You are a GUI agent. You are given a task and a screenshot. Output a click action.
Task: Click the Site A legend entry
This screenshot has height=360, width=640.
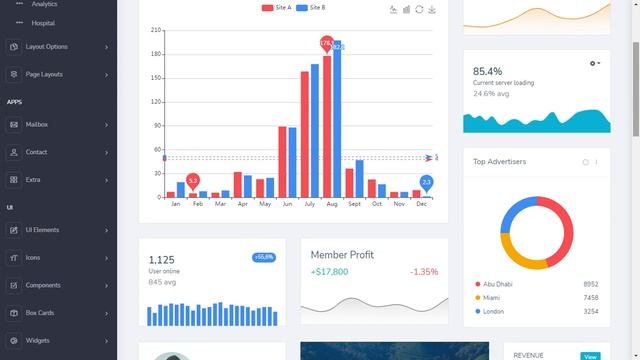tap(277, 8)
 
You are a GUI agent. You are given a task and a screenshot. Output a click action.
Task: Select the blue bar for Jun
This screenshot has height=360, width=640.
tap(293, 162)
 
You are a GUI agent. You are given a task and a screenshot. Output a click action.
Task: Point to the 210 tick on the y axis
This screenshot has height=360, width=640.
tap(156, 30)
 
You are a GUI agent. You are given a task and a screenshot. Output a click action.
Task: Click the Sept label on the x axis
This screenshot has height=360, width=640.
tap(354, 204)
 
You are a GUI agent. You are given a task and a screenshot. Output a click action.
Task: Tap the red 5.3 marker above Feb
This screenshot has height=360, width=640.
tap(192, 180)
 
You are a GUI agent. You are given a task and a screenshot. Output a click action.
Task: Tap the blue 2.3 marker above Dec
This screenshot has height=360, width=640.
tap(426, 182)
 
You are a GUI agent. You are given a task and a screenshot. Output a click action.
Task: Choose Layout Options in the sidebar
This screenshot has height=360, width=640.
tap(46, 47)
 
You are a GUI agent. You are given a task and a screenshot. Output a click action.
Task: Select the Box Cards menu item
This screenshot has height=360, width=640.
tap(40, 313)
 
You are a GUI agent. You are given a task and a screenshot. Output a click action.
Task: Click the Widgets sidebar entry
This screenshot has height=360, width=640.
tap(37, 341)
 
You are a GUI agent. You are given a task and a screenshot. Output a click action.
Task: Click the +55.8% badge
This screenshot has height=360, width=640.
tap(264, 257)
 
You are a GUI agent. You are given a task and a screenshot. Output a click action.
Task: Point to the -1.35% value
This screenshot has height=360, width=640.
tap(423, 272)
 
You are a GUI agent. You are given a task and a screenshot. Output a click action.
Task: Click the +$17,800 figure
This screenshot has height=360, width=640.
tap(329, 272)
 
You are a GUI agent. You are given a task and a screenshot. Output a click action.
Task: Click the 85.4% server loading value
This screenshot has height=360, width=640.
tap(488, 71)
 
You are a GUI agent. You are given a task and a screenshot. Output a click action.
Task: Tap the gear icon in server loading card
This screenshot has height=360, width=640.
tap(594, 63)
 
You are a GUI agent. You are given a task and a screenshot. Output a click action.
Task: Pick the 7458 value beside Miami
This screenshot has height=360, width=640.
tap(590, 298)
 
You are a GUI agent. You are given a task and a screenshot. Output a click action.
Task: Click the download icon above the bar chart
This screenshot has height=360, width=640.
tap(432, 9)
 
